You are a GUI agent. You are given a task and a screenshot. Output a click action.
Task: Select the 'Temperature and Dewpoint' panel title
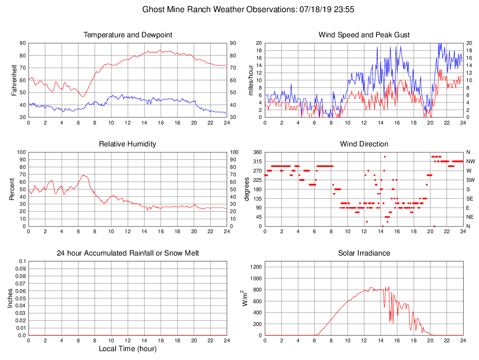[128, 35]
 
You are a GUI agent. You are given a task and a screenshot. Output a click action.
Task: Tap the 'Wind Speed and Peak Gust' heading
[364, 35]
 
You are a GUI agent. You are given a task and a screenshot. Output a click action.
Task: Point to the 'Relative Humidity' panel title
[128, 144]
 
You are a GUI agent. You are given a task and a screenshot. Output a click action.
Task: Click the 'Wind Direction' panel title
[364, 144]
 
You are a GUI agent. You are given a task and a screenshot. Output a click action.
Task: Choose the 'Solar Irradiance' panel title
[364, 253]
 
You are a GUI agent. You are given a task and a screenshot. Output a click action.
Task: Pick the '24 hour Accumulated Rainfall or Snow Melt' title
[128, 253]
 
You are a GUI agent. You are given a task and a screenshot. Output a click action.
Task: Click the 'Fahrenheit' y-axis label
[14, 80]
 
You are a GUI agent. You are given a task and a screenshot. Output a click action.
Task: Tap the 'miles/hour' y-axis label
[251, 80]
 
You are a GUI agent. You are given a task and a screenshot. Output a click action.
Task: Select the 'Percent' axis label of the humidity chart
[11, 189]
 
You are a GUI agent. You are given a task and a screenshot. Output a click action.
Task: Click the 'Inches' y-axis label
[10, 298]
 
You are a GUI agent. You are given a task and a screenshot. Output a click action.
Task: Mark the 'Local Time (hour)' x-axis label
[128, 349]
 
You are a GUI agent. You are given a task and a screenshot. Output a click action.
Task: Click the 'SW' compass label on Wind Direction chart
[470, 180]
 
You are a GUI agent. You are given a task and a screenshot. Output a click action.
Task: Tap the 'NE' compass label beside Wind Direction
[470, 217]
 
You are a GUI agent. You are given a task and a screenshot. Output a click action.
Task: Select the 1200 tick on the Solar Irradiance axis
[256, 267]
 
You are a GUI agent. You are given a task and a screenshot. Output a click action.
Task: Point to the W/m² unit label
[244, 298]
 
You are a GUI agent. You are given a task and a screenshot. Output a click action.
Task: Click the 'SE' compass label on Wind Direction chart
[470, 199]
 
